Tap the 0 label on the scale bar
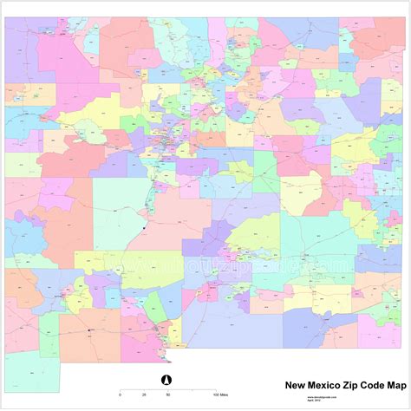[120, 395]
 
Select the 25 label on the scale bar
[144, 395]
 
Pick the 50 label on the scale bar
[166, 395]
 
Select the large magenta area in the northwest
[65, 56]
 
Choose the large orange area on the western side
[62, 225]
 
